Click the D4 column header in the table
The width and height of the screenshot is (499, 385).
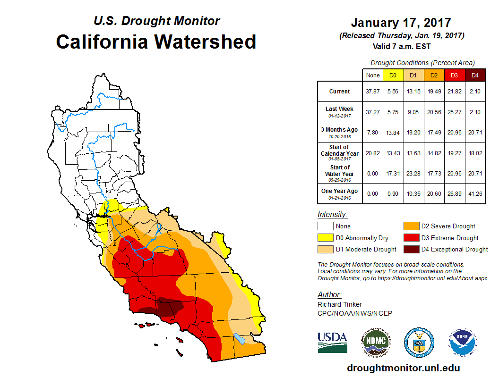click(475, 75)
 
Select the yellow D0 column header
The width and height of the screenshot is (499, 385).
click(393, 75)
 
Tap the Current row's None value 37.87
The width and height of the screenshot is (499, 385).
click(372, 92)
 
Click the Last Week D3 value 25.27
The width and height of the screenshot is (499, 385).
click(454, 112)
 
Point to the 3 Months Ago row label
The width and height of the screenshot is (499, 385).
click(340, 132)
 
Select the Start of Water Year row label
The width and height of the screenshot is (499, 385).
click(340, 173)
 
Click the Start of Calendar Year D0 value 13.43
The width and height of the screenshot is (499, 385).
click(393, 153)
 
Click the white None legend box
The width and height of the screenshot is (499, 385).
click(326, 226)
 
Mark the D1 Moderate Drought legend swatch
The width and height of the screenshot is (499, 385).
click(326, 249)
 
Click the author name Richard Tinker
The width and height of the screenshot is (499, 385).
click(340, 304)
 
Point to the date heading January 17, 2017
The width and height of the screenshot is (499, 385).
click(401, 23)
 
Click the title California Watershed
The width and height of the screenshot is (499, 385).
click(156, 42)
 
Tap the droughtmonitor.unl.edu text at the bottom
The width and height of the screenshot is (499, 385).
click(403, 368)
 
